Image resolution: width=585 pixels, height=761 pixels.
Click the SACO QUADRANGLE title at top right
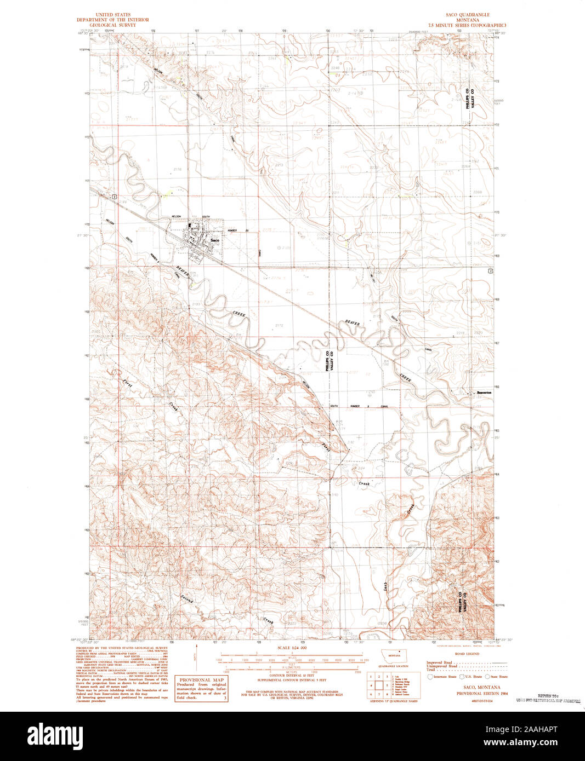[467, 15]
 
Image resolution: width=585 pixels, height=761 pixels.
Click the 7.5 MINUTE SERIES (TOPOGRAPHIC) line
[467, 25]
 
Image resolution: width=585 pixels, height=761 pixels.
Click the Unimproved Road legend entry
[440, 666]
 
